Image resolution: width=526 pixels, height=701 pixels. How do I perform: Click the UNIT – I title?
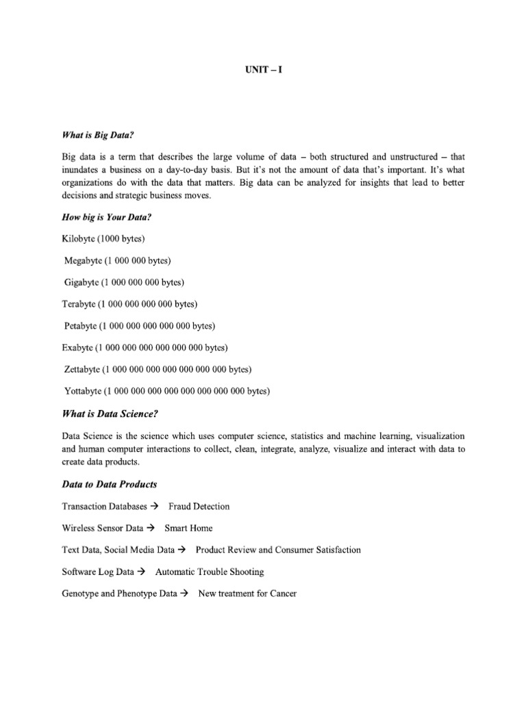click(263, 70)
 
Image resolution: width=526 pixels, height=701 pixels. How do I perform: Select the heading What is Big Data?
click(94, 135)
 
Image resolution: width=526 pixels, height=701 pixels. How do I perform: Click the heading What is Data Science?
click(114, 413)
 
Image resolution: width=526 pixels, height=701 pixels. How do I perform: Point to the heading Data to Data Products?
click(110, 484)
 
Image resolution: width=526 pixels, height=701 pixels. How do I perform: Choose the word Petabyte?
click(80, 326)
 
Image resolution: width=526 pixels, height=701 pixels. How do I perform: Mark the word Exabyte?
click(77, 348)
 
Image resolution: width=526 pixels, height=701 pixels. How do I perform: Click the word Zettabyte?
click(82, 370)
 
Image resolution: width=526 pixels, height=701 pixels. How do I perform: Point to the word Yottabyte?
click(83, 392)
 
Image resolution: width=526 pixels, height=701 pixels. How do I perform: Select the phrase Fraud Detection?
click(199, 506)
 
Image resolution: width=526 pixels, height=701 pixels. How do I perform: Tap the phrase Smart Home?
click(188, 528)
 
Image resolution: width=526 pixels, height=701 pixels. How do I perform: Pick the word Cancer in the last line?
click(283, 594)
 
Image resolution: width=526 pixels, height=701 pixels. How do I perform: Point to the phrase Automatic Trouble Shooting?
click(210, 572)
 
